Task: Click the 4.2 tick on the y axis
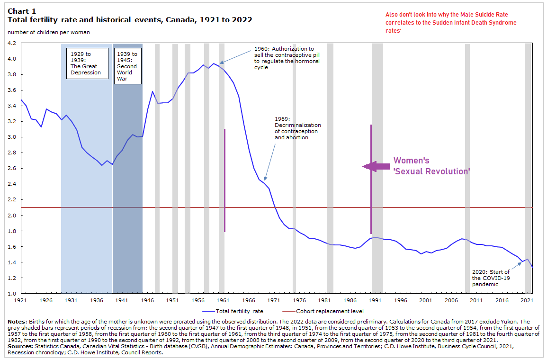point(12,43)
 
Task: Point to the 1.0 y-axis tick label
point(12,294)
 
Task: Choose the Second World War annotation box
point(127,66)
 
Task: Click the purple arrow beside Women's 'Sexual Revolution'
point(376,166)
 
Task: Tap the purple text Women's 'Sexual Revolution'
point(431,166)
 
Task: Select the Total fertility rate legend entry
point(233,311)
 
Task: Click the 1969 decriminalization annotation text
point(297,128)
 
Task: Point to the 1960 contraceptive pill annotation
point(287,58)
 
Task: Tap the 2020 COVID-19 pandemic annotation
point(491,278)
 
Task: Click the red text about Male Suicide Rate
point(450,22)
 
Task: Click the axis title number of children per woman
point(48,32)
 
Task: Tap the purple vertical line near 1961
point(224,180)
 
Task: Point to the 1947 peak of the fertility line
point(152,91)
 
